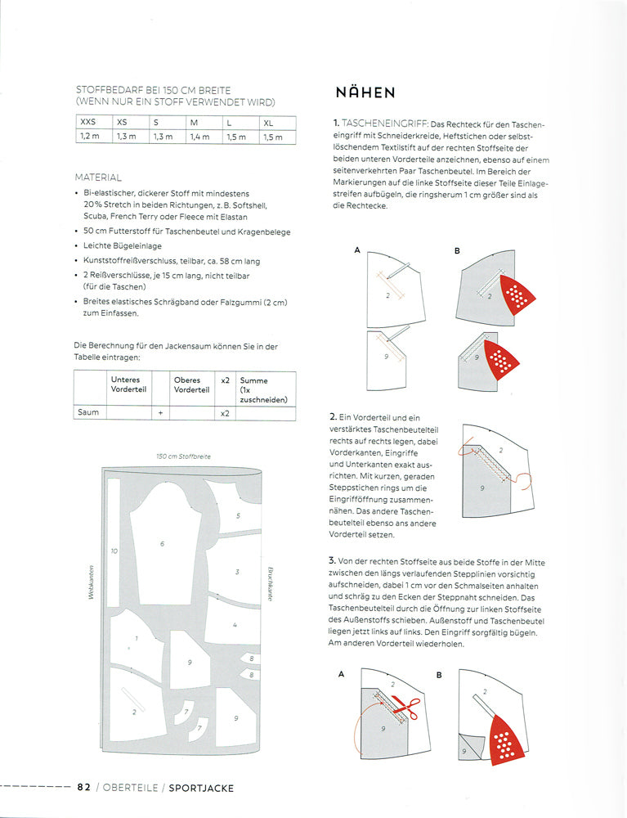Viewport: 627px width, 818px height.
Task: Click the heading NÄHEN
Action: [365, 92]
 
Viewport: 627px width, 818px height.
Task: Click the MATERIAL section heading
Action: [98, 177]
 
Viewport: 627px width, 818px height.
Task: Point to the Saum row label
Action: [89, 412]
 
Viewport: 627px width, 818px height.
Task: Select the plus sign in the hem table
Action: [160, 413]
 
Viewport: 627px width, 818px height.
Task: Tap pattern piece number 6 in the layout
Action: [162, 544]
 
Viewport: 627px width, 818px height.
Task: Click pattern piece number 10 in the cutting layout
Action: [114, 551]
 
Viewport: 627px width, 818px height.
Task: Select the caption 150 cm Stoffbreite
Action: [183, 456]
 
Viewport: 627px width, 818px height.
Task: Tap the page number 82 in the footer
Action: [83, 788]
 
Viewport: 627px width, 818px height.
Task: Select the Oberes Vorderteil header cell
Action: [192, 384]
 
